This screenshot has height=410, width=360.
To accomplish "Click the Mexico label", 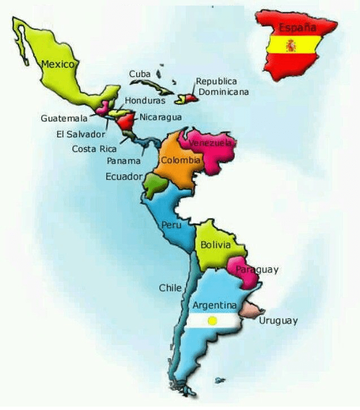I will coord(58,64).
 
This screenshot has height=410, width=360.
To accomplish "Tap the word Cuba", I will coord(140,74).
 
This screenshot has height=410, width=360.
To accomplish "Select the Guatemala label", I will coord(64,119).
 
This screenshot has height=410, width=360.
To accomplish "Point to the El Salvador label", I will coord(81,134).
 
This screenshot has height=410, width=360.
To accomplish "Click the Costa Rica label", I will coord(94,149).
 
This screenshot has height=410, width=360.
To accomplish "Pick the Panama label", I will coord(124,160).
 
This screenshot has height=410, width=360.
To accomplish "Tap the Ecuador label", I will coord(124,177).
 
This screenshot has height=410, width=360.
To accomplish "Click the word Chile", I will coord(170,288).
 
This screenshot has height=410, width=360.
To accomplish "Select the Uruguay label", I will coord(278,321).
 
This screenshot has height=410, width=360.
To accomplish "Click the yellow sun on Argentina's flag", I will coord(212,321).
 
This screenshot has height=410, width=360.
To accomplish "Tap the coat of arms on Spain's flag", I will coord(292,45).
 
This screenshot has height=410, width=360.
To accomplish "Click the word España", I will coord(297,27).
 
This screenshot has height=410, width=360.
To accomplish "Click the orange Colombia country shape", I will coord(175,169).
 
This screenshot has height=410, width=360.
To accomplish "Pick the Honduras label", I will coord(145,101).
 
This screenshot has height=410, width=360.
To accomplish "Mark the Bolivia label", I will coord(215,245).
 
